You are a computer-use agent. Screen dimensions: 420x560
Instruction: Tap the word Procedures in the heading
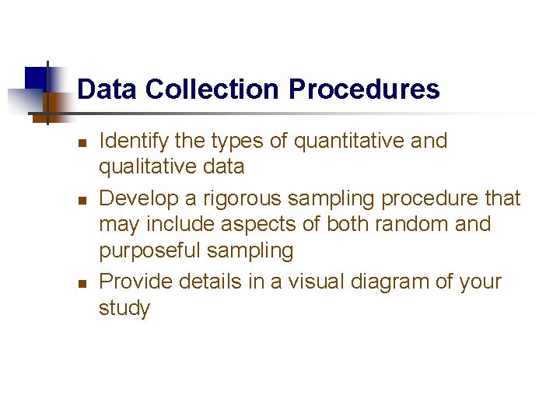coord(364,89)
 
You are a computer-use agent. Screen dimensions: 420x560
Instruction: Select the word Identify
coord(129,141)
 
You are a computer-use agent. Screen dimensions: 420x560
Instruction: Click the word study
coord(124,308)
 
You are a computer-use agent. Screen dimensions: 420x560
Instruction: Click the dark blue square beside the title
coord(35,79)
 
